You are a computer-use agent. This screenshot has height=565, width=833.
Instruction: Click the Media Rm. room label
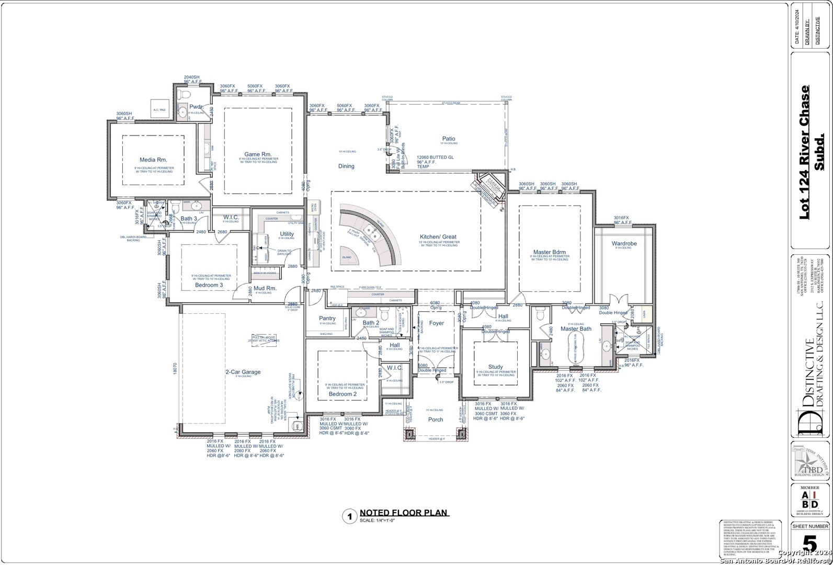coord(153,160)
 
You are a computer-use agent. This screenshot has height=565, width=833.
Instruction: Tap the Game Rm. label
coord(258,154)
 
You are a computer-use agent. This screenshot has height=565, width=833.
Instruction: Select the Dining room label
coord(346,166)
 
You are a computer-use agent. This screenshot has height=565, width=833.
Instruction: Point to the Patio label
coord(449,139)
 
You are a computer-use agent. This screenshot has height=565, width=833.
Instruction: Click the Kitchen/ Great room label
coord(438,237)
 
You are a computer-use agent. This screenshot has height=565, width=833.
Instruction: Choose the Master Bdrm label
coord(550,253)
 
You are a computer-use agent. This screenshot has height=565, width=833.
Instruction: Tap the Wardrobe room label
coord(624,244)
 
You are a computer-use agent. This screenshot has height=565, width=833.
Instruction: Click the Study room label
coord(495,367)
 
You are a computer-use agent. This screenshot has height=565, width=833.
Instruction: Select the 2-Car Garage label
coord(243,372)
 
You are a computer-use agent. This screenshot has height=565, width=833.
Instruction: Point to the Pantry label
coord(327,319)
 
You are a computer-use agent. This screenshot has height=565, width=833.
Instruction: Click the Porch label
coord(436,420)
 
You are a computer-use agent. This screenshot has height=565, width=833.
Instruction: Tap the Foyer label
coord(437,323)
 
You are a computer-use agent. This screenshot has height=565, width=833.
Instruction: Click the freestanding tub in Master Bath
coord(575,347)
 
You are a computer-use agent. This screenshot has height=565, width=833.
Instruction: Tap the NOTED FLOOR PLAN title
coord(404,513)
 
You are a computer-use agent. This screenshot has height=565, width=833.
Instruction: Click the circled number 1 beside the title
coord(349,517)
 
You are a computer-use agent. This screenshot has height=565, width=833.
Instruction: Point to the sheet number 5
coord(809,545)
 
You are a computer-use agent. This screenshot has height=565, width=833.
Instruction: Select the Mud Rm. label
coord(265,288)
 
